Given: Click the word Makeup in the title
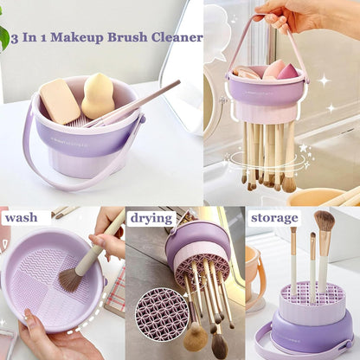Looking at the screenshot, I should pyautogui.click(x=80, y=38).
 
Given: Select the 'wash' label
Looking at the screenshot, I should pyautogui.click(x=21, y=217).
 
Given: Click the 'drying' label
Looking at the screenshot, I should pyautogui.click(x=151, y=217).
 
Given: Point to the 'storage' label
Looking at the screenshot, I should pyautogui.click(x=273, y=217).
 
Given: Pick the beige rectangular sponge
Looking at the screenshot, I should pyautogui.click(x=61, y=102).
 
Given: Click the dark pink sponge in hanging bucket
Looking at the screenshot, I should pyautogui.click(x=287, y=71).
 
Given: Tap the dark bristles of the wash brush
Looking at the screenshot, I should pyautogui.click(x=70, y=278).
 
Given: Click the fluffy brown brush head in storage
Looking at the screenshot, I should pyautogui.click(x=325, y=222).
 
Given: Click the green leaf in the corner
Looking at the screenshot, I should pyautogui.click(x=3, y=36).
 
